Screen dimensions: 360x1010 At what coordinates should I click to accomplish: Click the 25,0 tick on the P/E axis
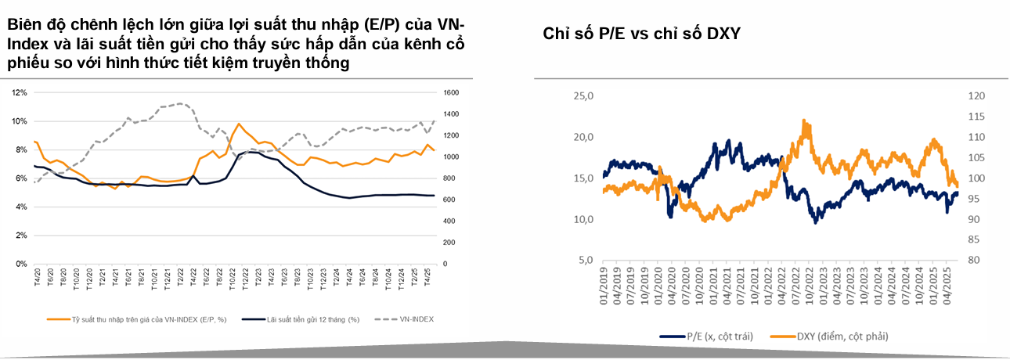[x=585, y=96]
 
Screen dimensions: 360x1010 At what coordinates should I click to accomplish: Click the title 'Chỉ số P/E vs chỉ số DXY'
[x=641, y=34]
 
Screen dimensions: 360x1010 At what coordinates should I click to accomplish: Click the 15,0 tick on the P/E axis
[x=585, y=178]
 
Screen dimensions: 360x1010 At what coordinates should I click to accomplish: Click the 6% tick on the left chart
[x=20, y=178]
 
